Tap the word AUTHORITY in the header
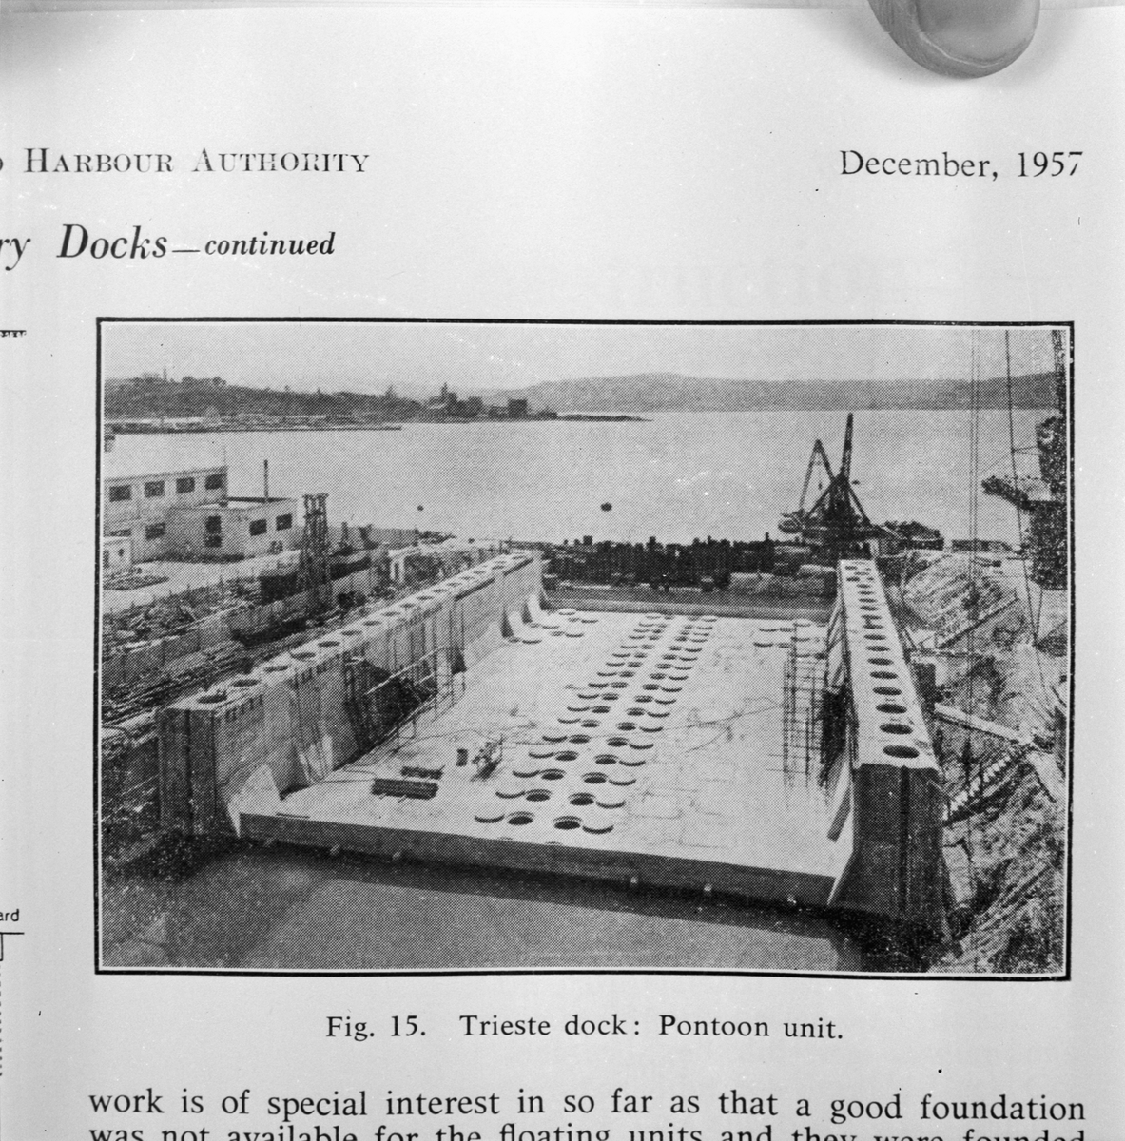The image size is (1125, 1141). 280,162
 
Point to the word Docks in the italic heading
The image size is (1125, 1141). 112,245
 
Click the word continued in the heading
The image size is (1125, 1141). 270,245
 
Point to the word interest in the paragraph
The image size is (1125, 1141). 435,1107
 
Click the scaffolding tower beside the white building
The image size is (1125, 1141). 315,542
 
